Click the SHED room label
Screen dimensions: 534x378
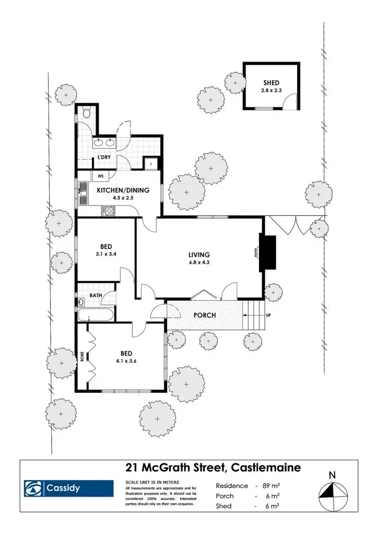click(x=271, y=83)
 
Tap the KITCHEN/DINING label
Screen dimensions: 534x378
click(x=123, y=190)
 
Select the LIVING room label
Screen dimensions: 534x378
click(x=199, y=255)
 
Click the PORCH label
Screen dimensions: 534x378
click(x=205, y=315)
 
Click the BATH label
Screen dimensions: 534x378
click(x=96, y=295)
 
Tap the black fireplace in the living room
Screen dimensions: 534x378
click(x=268, y=253)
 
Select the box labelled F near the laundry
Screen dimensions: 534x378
click(x=151, y=164)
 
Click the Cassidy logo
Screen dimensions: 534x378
click(x=69, y=489)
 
